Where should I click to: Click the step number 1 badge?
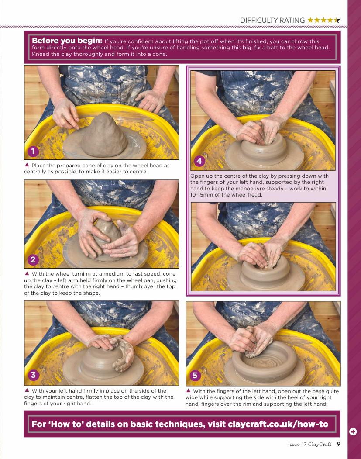coord(33,151)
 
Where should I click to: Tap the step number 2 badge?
coord(33,259)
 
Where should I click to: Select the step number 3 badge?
coord(33,375)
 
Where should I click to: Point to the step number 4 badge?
coord(199,161)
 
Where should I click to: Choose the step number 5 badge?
coord(195,375)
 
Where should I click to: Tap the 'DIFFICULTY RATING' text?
coord(272,20)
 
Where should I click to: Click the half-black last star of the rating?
coord(337,20)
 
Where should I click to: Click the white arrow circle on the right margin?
coord(353,431)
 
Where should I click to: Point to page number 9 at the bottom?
coord(338,444)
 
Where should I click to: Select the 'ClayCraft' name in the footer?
coord(320,444)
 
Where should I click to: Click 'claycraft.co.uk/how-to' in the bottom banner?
coord(278,424)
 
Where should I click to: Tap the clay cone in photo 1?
coord(104,135)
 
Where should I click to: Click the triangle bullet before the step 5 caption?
coord(189,390)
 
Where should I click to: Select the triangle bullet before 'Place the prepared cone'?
coord(27,165)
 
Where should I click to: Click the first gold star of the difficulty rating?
coord(310,20)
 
